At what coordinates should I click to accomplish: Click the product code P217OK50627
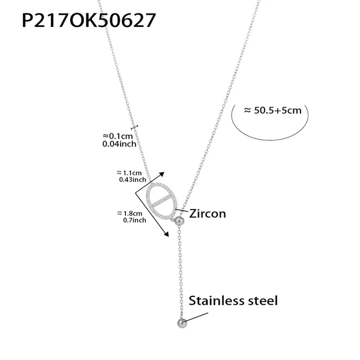(89, 21)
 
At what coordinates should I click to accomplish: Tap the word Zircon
(208, 213)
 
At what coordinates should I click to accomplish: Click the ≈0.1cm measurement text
(118, 136)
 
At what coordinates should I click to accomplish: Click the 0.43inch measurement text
(131, 179)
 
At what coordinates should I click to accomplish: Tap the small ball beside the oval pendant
(179, 221)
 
